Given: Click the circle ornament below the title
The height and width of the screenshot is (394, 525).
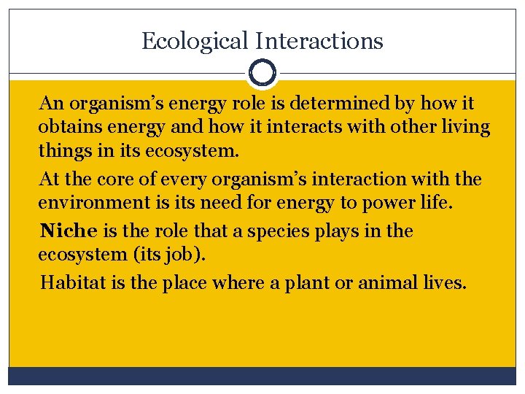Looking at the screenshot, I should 262,73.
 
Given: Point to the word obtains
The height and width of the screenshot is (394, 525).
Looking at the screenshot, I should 67,127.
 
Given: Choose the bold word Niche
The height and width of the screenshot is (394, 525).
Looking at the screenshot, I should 69,231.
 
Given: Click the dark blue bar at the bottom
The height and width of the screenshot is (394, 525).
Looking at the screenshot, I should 262,375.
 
